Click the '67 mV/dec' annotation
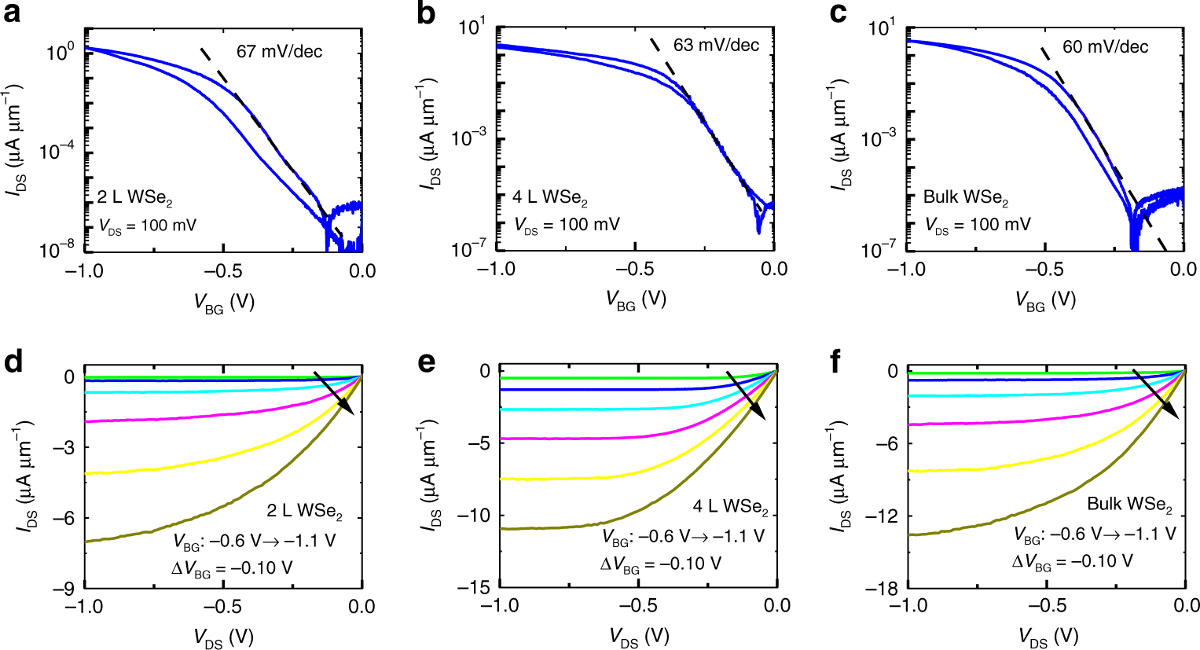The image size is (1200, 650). click(x=279, y=52)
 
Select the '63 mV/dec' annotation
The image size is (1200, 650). click(x=716, y=45)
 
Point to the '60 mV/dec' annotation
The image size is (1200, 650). click(x=1105, y=47)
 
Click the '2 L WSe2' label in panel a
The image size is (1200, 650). click(x=134, y=197)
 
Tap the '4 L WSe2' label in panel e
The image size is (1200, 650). click(x=730, y=506)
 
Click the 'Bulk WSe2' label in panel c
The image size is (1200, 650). click(x=965, y=198)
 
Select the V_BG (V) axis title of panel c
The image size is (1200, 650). click(x=1045, y=300)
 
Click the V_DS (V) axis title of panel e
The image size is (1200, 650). click(x=638, y=637)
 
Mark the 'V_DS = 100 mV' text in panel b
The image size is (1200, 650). click(x=567, y=226)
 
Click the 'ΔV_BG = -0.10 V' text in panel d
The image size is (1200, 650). click(x=232, y=567)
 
